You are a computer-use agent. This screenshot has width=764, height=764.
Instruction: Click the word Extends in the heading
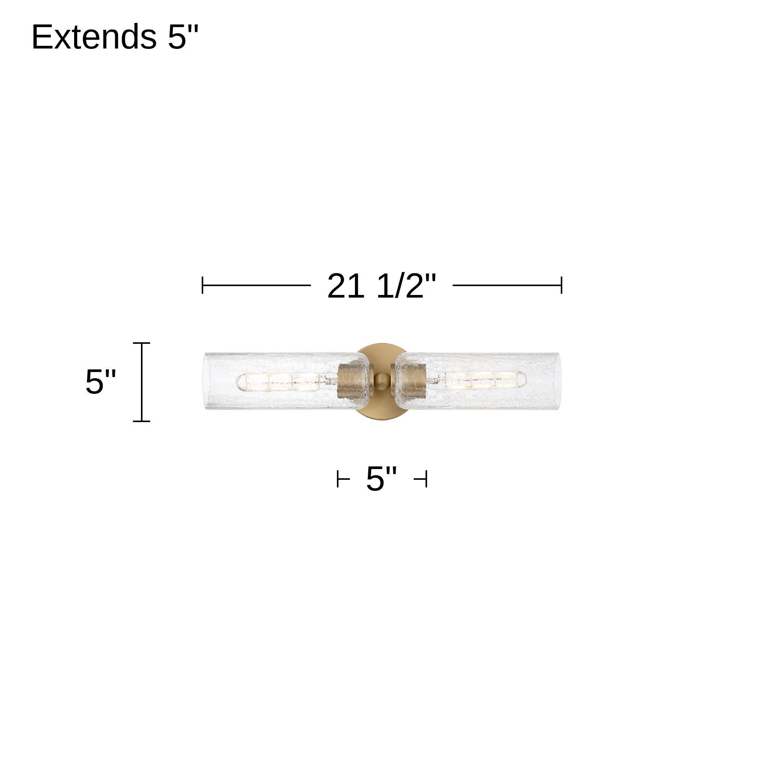tap(94, 37)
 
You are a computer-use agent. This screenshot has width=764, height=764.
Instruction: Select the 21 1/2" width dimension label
tap(382, 285)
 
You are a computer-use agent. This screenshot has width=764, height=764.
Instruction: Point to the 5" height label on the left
tap(100, 382)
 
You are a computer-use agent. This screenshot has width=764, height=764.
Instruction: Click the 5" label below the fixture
tap(381, 479)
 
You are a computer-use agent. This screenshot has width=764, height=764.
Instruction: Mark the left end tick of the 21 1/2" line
tap(202, 285)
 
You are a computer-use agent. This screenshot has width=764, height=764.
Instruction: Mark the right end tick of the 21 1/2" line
tap(561, 285)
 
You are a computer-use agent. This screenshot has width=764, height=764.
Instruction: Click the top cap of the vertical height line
tap(142, 343)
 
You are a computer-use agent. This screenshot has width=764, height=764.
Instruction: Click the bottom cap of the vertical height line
tap(142, 421)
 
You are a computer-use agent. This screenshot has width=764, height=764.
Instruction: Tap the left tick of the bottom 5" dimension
tap(338, 479)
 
